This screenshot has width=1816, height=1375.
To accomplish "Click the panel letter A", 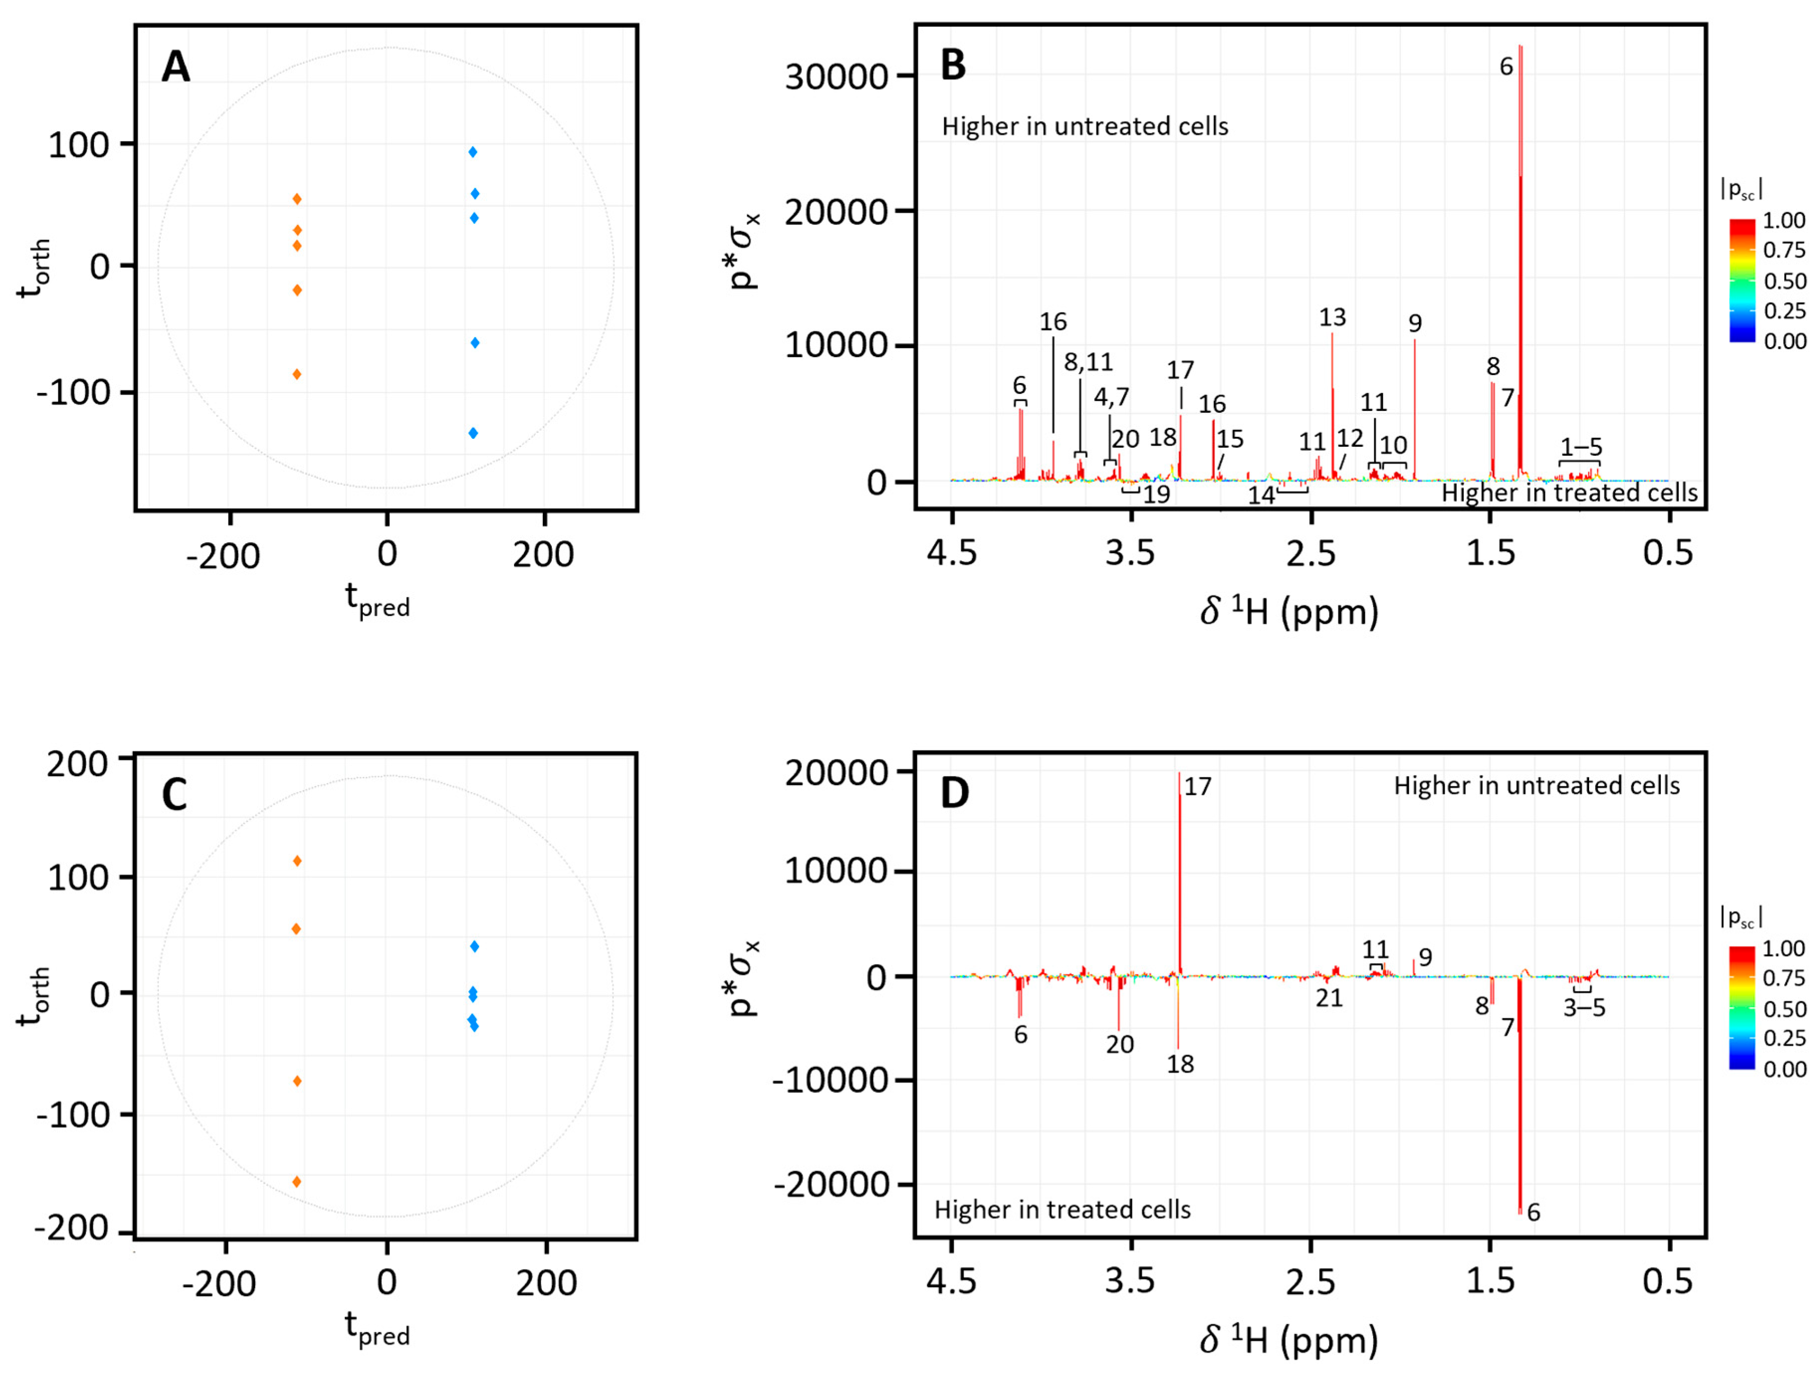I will click(176, 67).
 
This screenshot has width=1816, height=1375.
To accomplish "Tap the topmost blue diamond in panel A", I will click(473, 152).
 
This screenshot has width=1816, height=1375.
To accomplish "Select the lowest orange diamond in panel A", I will click(297, 374).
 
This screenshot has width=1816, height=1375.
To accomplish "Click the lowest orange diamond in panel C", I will click(297, 1182).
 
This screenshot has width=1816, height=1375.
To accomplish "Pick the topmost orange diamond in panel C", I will click(297, 861).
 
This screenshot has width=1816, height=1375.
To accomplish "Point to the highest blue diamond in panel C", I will click(475, 947).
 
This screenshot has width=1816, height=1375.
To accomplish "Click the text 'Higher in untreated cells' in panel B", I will click(1085, 126).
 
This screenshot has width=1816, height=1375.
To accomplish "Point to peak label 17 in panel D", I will click(1198, 786).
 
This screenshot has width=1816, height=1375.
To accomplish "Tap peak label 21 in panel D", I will click(1329, 998).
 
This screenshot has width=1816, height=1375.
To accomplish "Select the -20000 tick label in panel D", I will click(832, 1184).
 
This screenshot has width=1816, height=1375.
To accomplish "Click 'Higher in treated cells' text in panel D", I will click(1062, 1209).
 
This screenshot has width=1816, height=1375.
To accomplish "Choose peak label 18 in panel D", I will click(1181, 1064).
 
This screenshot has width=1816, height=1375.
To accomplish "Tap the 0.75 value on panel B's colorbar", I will click(1784, 250).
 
